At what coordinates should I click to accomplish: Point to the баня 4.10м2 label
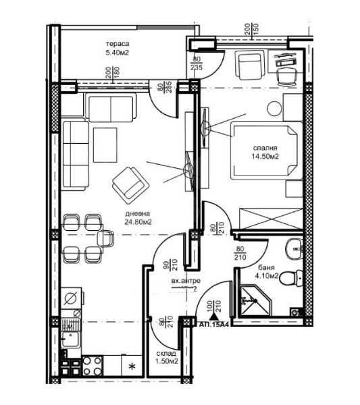point(265,271)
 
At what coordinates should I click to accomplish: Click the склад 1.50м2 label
point(164,356)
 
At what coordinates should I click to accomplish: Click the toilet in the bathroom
point(288,277)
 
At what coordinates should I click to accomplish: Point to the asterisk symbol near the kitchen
point(132,367)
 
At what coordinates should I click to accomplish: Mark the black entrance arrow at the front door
point(215,312)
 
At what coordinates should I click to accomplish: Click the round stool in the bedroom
point(274,108)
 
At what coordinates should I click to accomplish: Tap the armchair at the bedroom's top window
point(247,65)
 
